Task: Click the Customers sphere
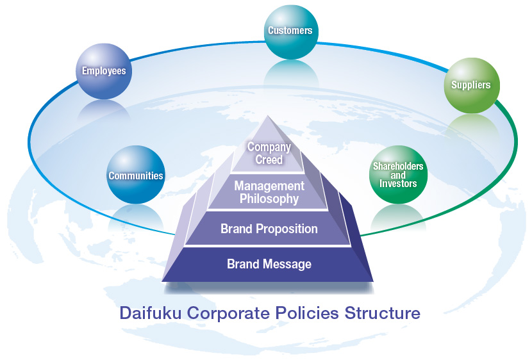(290, 31)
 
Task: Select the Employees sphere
(104, 71)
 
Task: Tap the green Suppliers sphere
(471, 85)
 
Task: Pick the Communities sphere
(135, 175)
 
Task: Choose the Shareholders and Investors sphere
(397, 175)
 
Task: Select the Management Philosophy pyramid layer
(269, 192)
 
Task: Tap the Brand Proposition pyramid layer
(269, 229)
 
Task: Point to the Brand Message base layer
(269, 264)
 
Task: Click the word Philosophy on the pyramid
(269, 199)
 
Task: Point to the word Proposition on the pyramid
(286, 229)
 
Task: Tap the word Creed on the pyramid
(269, 160)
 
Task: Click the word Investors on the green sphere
(397, 184)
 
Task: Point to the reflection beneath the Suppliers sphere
(471, 124)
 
